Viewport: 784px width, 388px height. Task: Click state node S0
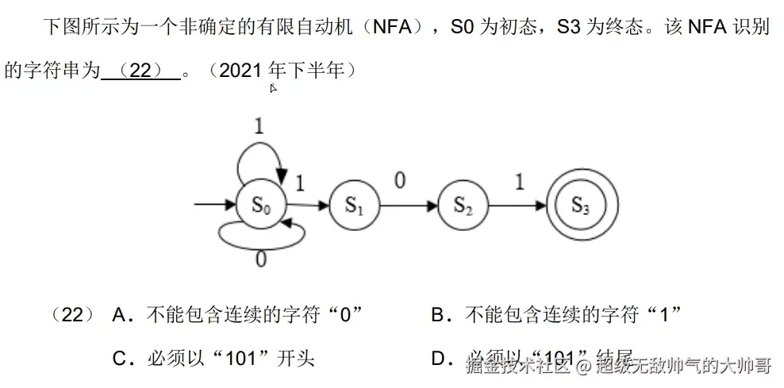[261, 206]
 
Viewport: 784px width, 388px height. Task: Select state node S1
[353, 206]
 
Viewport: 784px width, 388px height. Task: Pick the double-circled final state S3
[580, 206]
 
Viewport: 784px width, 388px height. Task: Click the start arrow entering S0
[215, 206]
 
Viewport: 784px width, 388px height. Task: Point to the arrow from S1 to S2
[408, 206]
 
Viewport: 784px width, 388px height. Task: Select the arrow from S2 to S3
[517, 206]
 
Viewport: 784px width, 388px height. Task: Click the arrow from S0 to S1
[307, 206]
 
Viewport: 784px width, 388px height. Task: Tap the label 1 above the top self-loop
[259, 125]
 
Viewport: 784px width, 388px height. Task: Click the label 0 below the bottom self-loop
[260, 259]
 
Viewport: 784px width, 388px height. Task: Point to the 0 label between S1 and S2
[400, 181]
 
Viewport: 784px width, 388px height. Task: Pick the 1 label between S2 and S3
[519, 182]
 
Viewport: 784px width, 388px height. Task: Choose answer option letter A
[121, 316]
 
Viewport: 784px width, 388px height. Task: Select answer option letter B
[439, 316]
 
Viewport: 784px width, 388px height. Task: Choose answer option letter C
[121, 359]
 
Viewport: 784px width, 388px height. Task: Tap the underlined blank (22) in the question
[140, 71]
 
